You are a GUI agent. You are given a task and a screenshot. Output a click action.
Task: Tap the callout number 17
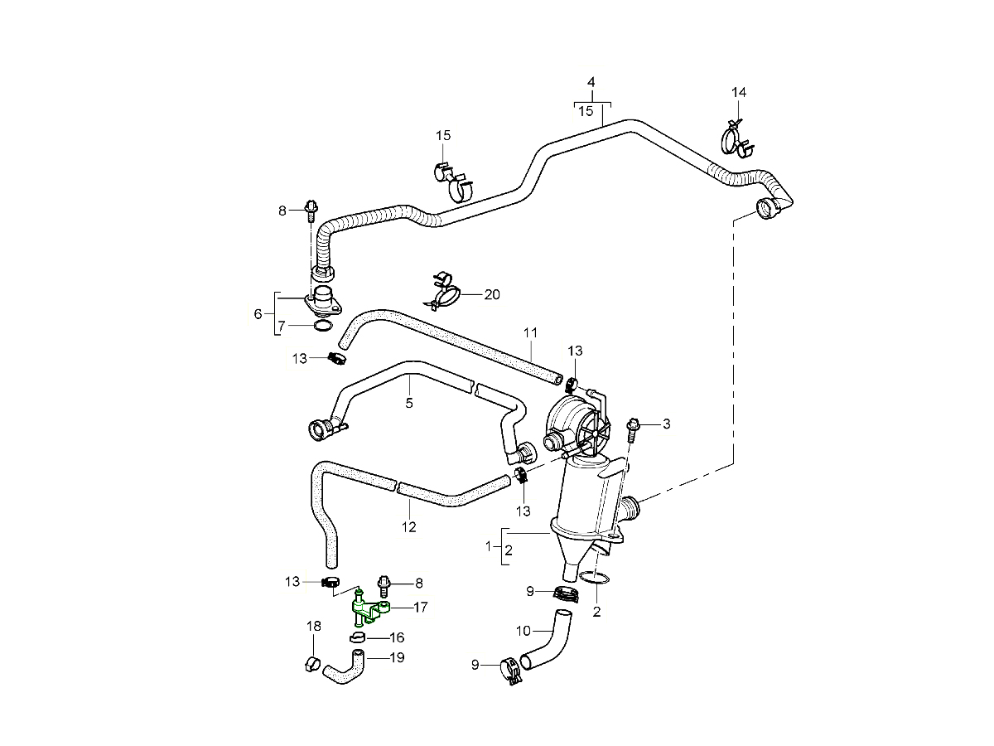pos(420,608)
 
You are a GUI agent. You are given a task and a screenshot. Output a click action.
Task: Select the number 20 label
pos(492,294)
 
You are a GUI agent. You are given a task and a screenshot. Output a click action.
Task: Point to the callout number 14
pos(739,92)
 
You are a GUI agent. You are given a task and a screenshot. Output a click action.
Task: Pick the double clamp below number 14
pos(736,138)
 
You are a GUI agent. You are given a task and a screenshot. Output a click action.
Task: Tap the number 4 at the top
pos(591,82)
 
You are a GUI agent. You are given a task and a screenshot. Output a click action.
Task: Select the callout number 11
pos(531,332)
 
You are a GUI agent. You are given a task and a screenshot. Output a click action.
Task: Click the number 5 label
pos(409,404)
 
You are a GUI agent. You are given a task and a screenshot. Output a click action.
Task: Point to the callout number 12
pos(408,526)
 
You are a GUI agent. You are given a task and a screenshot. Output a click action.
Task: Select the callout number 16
pos(397,637)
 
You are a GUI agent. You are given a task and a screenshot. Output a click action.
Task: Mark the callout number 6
pos(258,314)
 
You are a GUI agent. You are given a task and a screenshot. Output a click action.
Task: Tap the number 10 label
pos(523,632)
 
